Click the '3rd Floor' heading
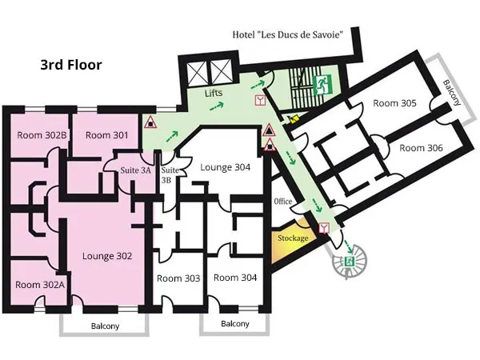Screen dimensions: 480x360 (71, 65)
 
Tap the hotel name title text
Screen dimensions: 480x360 (287, 34)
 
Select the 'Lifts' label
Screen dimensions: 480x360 (214, 93)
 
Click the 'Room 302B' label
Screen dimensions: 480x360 (42, 135)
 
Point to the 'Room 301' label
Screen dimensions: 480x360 (107, 135)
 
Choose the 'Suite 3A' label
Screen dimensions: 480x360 (135, 170)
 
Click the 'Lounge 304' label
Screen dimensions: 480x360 (225, 167)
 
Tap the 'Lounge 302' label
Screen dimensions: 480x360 (107, 256)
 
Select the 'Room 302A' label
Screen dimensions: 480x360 (40, 285)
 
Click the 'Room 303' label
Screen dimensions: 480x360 (178, 278)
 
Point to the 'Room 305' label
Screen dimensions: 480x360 (394, 103)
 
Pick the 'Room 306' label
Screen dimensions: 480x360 (421, 148)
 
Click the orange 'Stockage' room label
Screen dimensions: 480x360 (293, 238)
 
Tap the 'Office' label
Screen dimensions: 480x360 (283, 201)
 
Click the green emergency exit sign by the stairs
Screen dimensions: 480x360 (322, 85)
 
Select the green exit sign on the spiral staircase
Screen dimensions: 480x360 (350, 262)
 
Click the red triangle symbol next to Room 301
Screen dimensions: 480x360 (150, 122)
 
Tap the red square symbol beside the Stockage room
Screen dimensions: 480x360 (324, 228)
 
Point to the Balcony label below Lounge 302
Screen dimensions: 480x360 (105, 326)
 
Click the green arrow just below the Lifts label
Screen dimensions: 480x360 (217, 106)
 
